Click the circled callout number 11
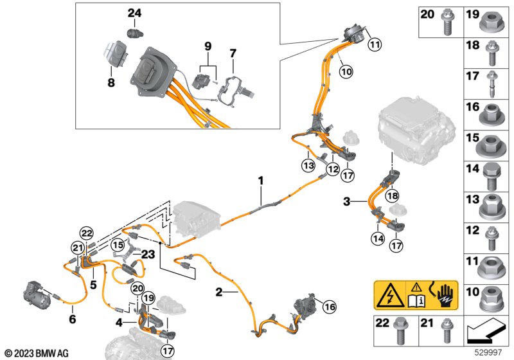[375, 44]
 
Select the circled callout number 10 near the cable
[346, 71]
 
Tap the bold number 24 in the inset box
[134, 13]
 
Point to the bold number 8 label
[111, 83]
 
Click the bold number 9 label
[208, 46]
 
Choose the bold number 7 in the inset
[233, 53]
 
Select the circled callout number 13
[308, 166]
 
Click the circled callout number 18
[393, 196]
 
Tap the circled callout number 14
[378, 239]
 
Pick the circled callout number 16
[330, 307]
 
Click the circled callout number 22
[87, 234]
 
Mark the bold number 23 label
[148, 254]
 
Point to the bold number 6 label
[73, 319]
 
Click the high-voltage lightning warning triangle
[390, 295]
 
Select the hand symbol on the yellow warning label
[445, 296]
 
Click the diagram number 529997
[488, 353]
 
